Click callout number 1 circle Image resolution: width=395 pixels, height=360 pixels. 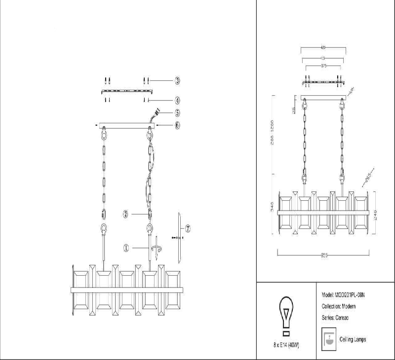click(126, 249)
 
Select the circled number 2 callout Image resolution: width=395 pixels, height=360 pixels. click(126, 214)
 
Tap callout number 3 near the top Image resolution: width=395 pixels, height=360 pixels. click(177, 80)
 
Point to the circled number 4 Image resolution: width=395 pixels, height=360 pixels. click(177, 100)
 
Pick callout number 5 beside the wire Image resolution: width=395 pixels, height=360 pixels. click(177, 113)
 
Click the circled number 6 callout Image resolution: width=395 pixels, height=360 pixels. click(177, 125)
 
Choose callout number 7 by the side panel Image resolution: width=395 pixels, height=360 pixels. click(188, 228)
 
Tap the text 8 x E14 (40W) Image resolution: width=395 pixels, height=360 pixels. click(285, 343)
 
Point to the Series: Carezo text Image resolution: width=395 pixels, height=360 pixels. click(335, 318)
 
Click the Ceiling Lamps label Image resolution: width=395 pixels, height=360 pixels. click(353, 340)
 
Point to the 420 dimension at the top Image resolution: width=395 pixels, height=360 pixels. click(323, 48)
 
